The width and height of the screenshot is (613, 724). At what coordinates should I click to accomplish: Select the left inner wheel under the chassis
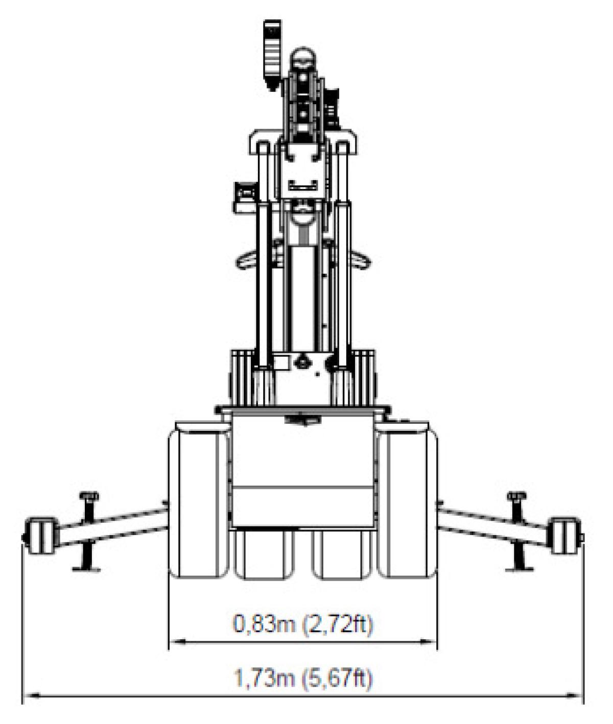[264, 554]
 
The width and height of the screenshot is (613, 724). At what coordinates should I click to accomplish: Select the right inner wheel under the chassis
[342, 554]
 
